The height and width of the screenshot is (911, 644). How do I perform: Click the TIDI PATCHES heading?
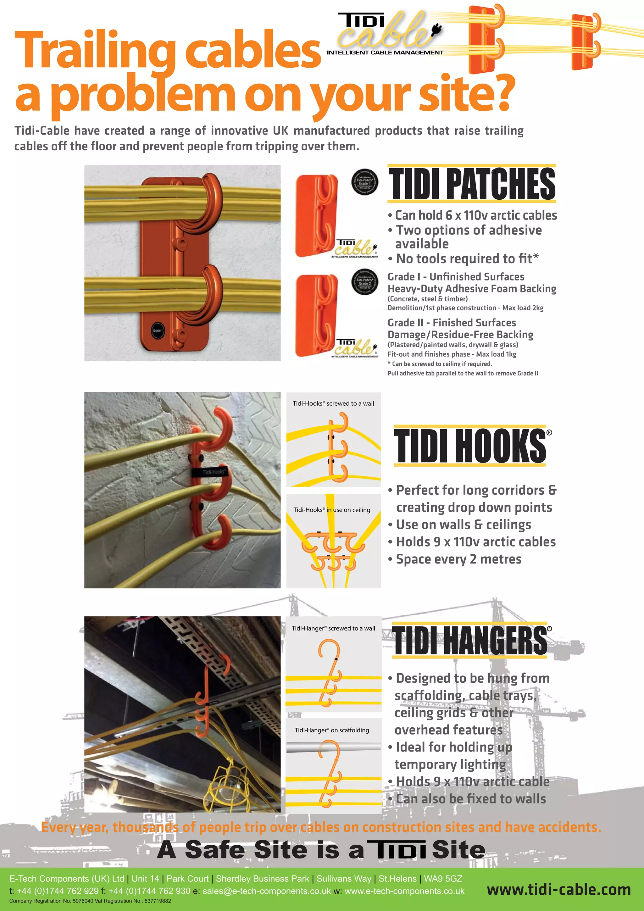(x=471, y=184)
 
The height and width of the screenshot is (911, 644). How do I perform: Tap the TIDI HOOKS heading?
(x=470, y=446)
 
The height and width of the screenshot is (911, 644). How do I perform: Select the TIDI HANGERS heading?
(x=470, y=640)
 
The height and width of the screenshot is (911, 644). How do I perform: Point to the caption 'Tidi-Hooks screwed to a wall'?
(x=333, y=403)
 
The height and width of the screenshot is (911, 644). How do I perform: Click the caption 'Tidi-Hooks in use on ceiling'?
(x=332, y=510)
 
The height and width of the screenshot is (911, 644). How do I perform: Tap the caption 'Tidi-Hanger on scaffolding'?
(x=332, y=730)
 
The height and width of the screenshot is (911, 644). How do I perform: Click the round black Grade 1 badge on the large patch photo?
(x=157, y=331)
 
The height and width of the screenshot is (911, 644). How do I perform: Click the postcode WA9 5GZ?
(x=443, y=879)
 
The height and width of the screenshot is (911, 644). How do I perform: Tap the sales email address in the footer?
(x=266, y=891)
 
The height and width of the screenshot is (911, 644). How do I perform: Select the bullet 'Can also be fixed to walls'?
(x=471, y=799)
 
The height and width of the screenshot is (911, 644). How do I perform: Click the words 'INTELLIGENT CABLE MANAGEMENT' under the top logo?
(x=385, y=53)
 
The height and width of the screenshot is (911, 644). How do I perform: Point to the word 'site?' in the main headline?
(x=467, y=94)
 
